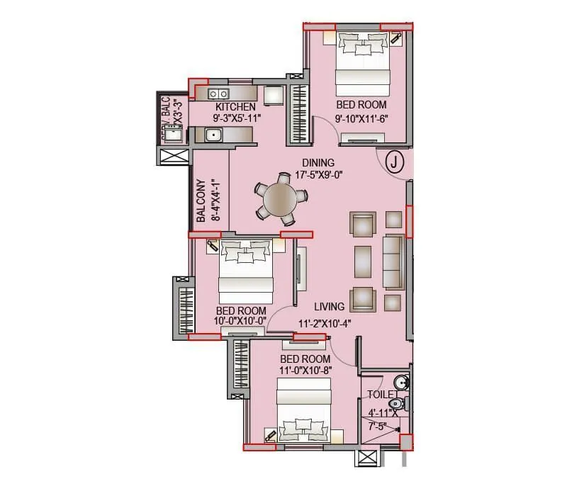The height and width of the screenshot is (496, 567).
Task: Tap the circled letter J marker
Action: pyautogui.click(x=395, y=162)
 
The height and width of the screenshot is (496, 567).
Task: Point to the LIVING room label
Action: pyautogui.click(x=330, y=307)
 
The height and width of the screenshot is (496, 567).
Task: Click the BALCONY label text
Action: pyautogui.click(x=201, y=200)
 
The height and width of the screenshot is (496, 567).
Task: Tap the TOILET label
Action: pyautogui.click(x=382, y=395)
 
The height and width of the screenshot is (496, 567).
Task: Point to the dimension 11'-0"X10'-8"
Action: pyautogui.click(x=306, y=369)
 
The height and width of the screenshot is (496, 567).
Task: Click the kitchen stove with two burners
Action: pyautogui.click(x=218, y=94)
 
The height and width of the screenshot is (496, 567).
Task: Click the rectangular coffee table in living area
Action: pyautogui.click(x=362, y=259)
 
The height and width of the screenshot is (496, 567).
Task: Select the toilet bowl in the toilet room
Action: pyautogui.click(x=398, y=404)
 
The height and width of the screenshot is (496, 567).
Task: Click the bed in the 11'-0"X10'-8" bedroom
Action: pyautogui.click(x=304, y=411)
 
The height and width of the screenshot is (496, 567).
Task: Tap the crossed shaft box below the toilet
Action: pyautogui.click(x=369, y=458)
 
